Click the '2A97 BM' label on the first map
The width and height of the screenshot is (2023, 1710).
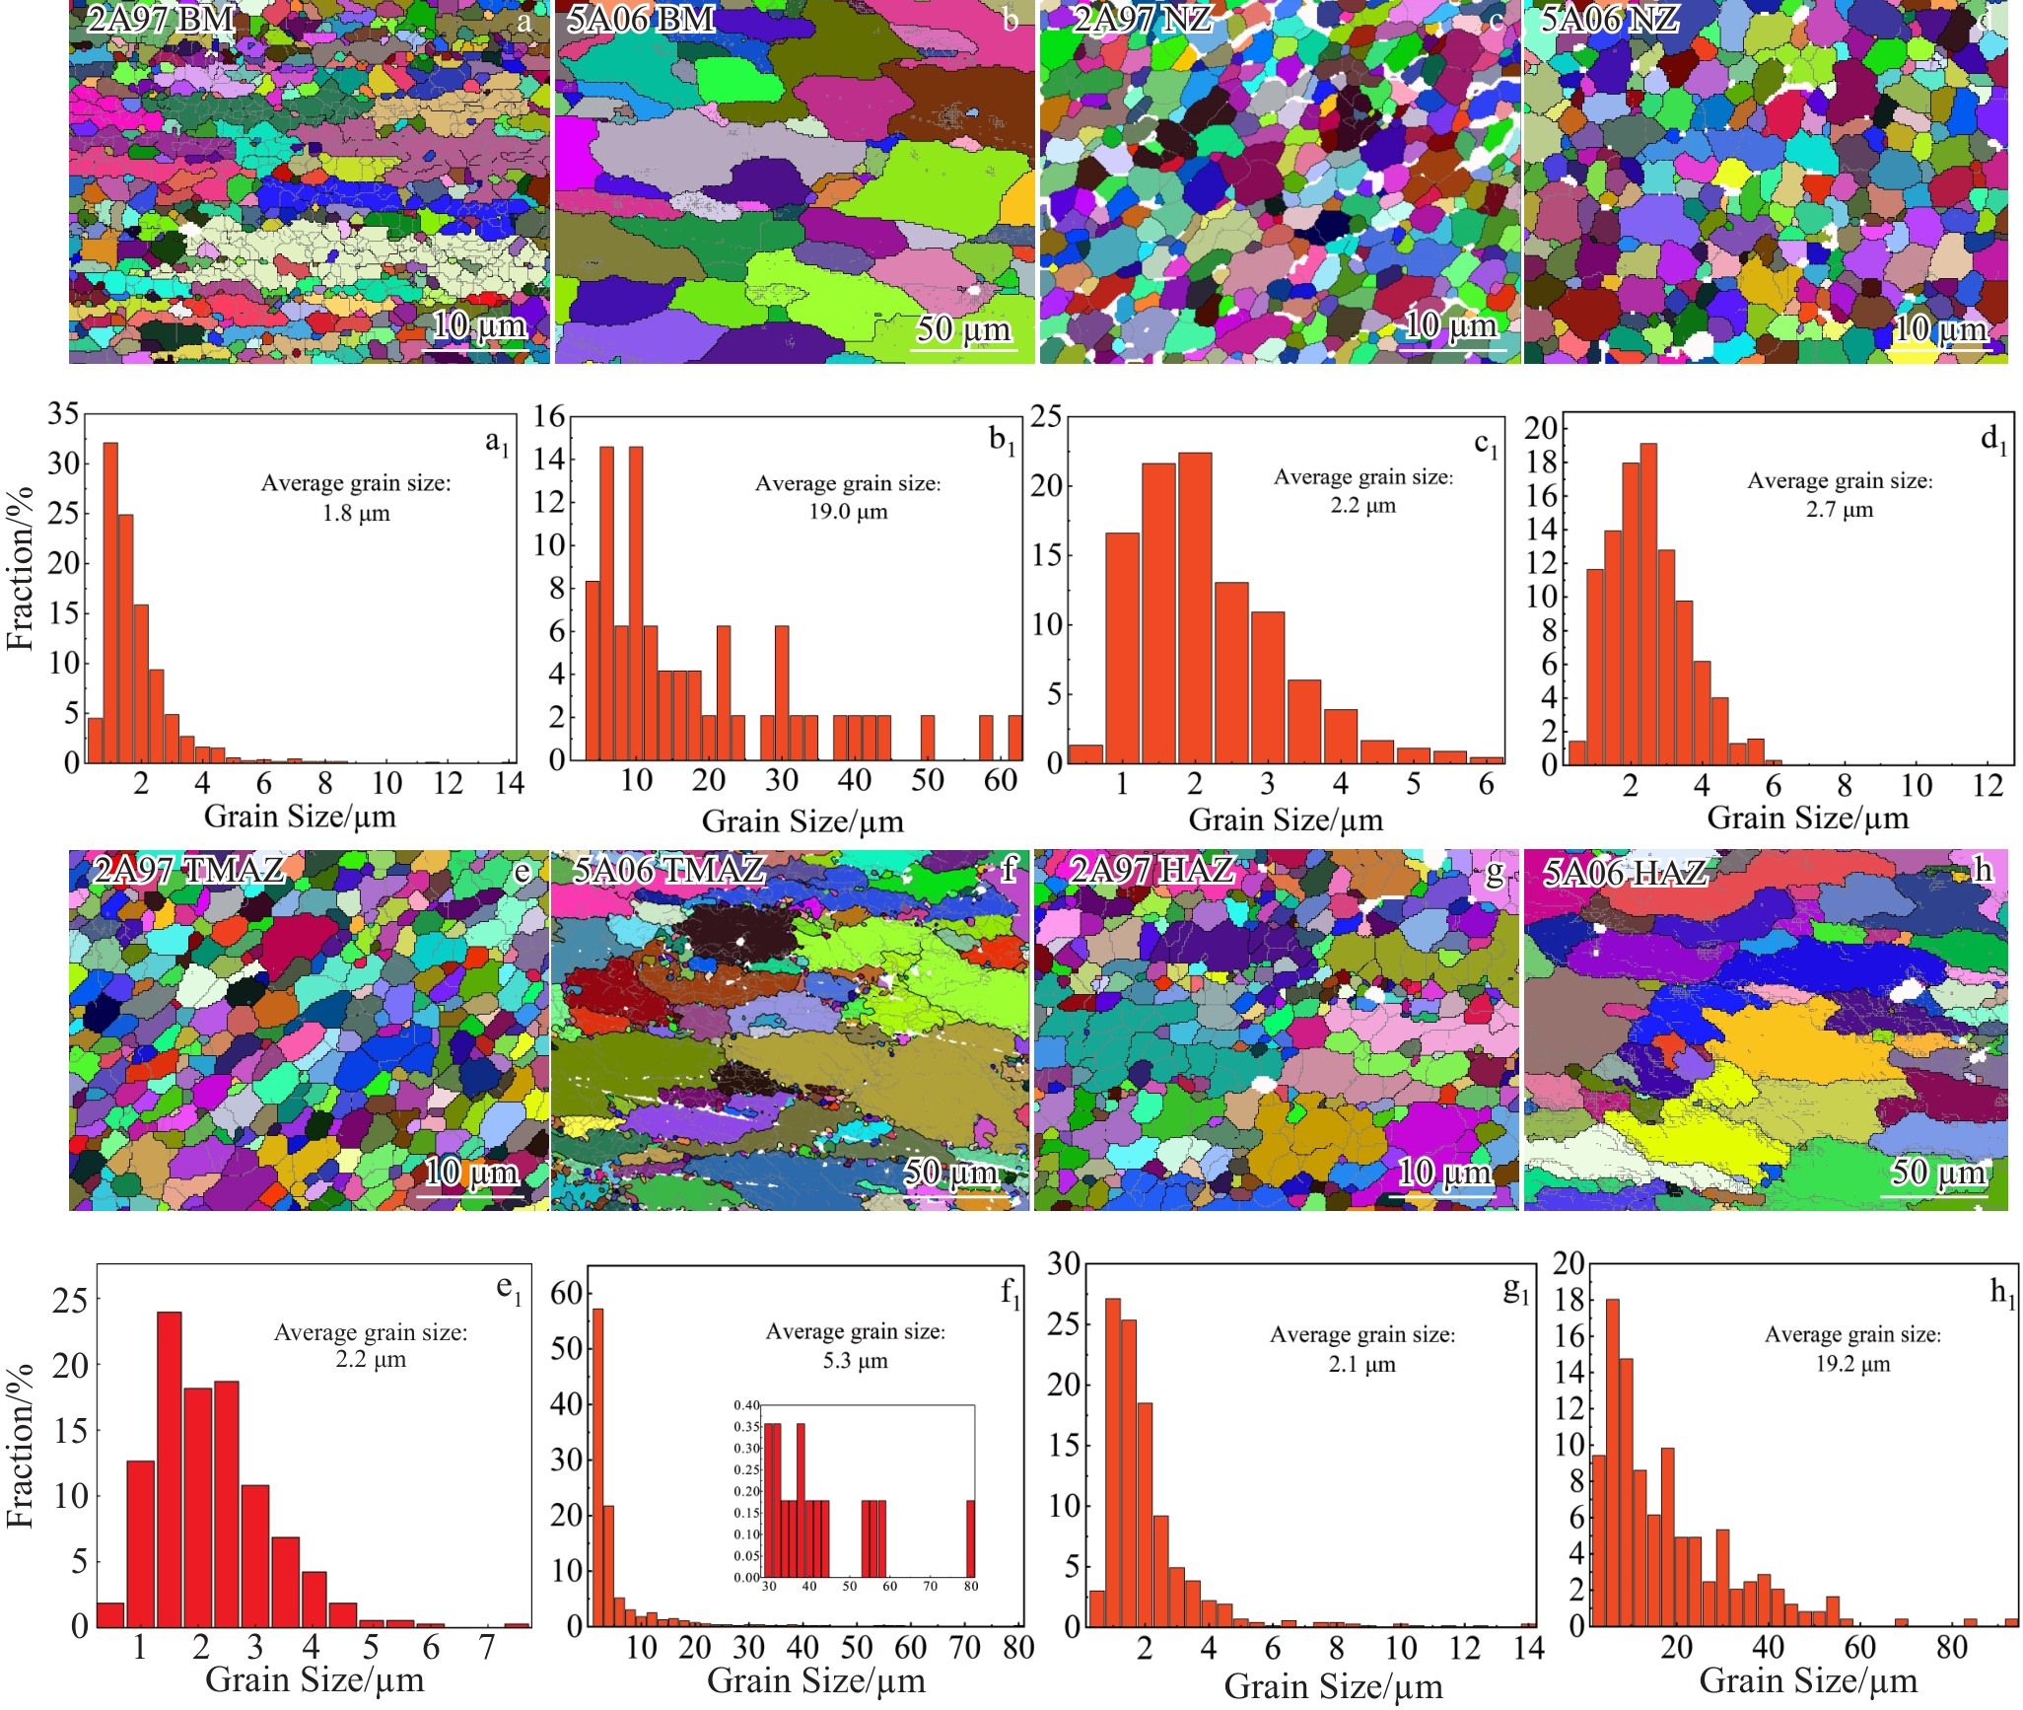click(161, 19)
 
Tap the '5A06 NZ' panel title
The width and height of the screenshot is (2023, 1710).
click(1609, 19)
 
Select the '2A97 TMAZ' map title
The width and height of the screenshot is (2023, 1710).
click(188, 870)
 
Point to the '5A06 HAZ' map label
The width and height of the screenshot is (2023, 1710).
click(1625, 873)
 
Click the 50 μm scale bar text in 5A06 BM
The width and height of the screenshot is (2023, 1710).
click(963, 328)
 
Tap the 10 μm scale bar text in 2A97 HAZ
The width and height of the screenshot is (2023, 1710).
click(1444, 1172)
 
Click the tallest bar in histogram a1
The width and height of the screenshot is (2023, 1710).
click(110, 602)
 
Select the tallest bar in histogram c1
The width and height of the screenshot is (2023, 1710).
click(1195, 606)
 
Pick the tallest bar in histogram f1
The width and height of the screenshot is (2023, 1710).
click(597, 1466)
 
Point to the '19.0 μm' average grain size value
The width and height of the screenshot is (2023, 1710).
click(848, 512)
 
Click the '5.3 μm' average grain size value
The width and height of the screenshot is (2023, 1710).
click(856, 1361)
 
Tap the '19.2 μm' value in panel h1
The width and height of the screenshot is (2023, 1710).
click(1853, 1364)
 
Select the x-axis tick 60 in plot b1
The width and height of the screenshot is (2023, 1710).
click(1000, 780)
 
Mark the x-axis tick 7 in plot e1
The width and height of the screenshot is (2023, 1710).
click(487, 1647)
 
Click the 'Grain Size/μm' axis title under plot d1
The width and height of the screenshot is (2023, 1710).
click(1807, 818)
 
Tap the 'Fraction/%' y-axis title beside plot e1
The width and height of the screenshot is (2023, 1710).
click(20, 1447)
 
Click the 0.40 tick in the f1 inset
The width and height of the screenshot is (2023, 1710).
click(746, 1405)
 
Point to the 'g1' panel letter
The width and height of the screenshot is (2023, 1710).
click(1515, 1292)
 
